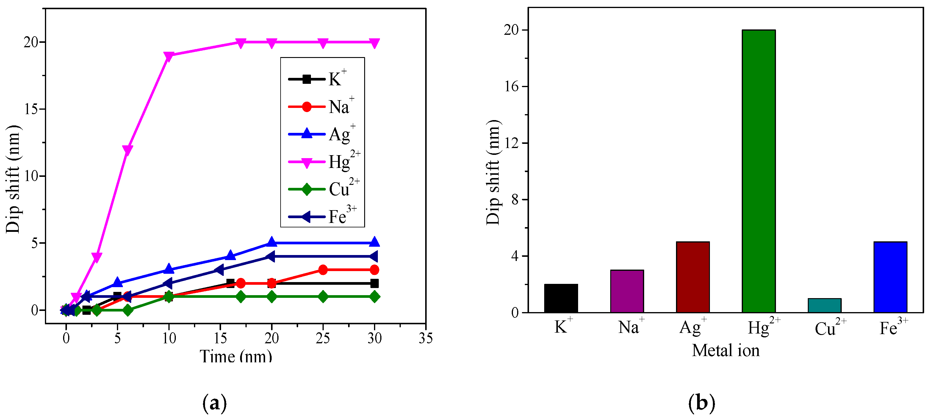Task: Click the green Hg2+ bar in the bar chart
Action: [758, 171]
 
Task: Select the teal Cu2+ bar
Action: [824, 305]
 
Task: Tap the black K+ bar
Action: [561, 298]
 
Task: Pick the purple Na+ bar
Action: [627, 291]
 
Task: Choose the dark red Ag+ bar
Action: [692, 277]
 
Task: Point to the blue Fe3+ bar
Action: [890, 277]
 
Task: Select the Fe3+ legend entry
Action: [323, 217]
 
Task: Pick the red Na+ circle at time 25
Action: [323, 270]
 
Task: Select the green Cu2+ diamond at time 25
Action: [323, 297]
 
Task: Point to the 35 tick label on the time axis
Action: [425, 338]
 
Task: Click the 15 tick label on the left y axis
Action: [31, 109]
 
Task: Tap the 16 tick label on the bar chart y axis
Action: [511, 86]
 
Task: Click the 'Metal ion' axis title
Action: [726, 350]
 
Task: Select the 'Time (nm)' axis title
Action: [236, 356]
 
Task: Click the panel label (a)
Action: [215, 403]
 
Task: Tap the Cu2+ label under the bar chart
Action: [830, 328]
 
